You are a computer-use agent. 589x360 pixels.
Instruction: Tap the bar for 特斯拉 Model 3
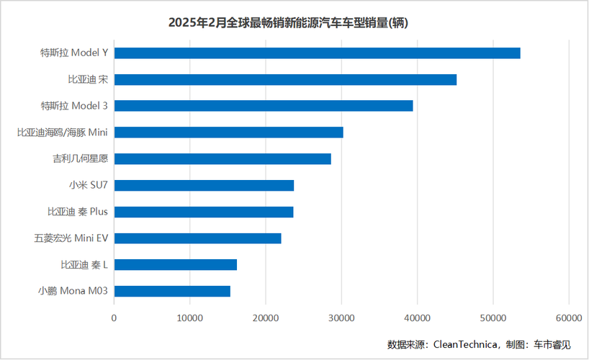264,106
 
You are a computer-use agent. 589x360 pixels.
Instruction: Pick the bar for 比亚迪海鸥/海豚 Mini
228,132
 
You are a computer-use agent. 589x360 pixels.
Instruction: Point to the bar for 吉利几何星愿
222,158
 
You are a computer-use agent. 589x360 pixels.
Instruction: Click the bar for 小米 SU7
204,185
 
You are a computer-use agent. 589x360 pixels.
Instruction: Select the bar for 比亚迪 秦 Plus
204,212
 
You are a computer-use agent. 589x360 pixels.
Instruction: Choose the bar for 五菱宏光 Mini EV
197,238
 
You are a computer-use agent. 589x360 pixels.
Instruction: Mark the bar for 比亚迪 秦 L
175,264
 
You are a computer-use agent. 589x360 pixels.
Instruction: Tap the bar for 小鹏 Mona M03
172,291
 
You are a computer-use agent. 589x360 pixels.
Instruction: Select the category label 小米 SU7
88,185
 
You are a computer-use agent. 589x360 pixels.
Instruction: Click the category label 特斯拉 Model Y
74,53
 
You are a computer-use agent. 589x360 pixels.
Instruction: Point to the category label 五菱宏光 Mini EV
71,238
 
